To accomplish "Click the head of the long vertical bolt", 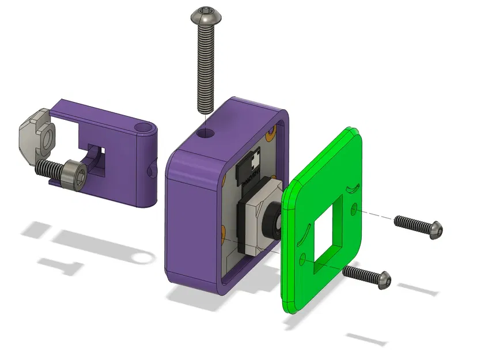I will pyautogui.click(x=205, y=16).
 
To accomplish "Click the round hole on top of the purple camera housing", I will pyautogui.click(x=204, y=134).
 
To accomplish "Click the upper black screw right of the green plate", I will pyautogui.click(x=419, y=225).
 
